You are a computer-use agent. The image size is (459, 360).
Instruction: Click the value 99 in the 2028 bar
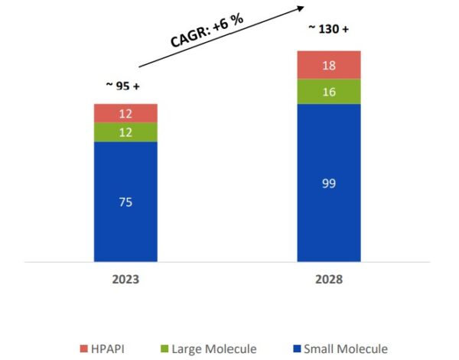(329, 183)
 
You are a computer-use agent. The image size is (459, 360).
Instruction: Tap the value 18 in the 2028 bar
(329, 65)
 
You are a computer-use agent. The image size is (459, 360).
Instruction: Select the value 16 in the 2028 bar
(329, 91)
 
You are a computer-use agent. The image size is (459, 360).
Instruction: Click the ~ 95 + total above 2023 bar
(122, 86)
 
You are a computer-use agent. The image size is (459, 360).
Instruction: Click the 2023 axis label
(125, 280)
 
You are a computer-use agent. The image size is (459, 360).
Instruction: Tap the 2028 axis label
(328, 280)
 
